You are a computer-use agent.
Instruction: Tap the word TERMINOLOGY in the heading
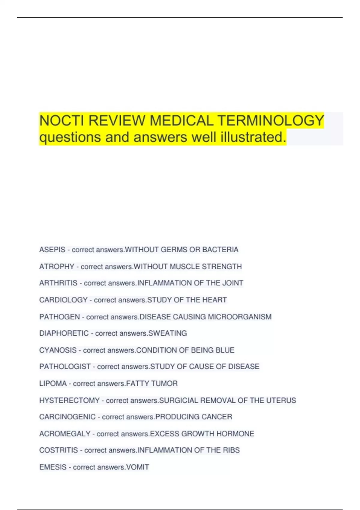coord(271,121)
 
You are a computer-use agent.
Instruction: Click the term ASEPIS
coord(52,250)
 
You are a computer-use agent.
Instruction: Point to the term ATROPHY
coord(57,266)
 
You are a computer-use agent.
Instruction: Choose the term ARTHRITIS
coord(58,283)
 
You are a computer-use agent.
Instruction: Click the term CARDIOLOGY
coord(63,300)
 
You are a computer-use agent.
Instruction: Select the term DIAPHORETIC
coord(64,333)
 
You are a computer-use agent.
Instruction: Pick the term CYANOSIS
coord(58,350)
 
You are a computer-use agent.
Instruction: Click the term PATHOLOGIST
coord(65,367)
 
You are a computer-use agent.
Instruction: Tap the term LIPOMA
coord(53,383)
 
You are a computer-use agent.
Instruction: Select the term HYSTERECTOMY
coord(69,400)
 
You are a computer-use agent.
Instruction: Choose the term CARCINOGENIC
coord(67,417)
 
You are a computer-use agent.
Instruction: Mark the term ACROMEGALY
coord(65,433)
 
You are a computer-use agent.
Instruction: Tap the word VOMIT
coord(138,467)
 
